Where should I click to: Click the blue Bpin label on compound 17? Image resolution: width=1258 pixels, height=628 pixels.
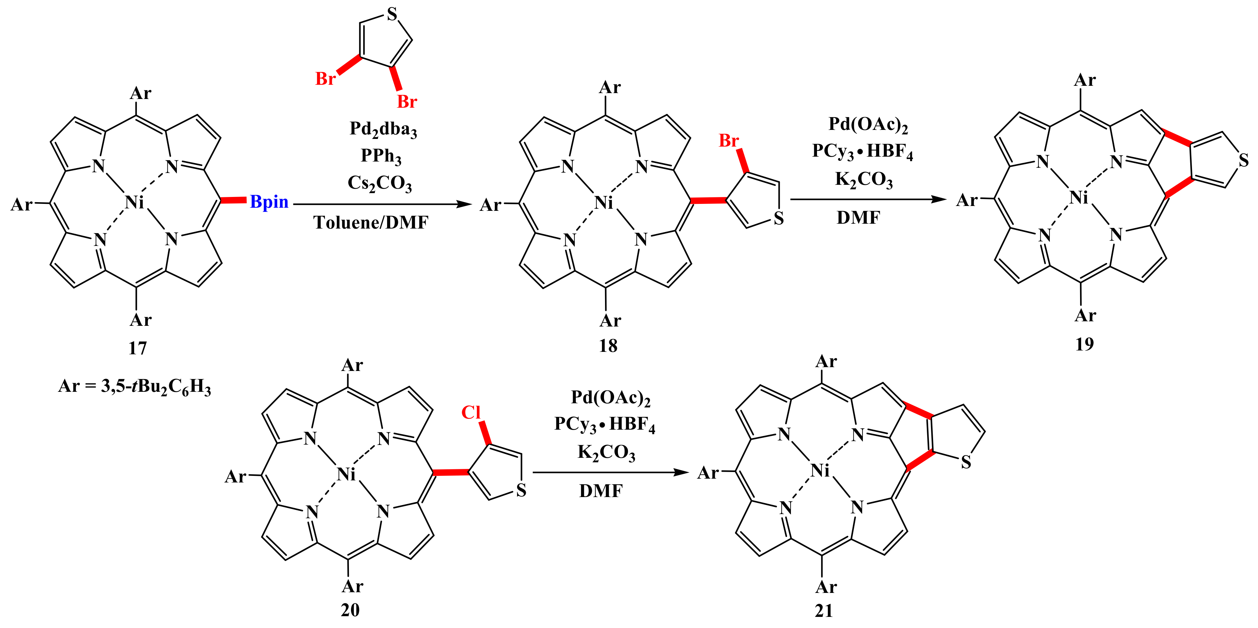pos(269,201)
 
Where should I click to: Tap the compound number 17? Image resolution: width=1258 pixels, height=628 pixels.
pos(137,348)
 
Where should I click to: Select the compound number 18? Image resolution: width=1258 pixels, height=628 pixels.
pos(608,346)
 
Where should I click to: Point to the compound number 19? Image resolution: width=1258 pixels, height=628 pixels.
pos(1084,344)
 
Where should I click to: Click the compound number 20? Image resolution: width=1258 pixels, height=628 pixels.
pos(350,610)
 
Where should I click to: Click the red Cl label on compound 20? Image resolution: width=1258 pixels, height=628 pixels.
pos(471,413)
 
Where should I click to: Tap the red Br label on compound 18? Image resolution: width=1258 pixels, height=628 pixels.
pos(729,141)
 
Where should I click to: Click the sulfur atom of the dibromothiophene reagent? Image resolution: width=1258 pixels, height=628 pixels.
pos(392,15)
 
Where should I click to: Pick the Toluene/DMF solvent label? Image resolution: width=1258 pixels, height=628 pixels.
pos(371,223)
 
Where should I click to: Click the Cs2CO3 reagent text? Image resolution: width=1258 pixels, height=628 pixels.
pos(379,183)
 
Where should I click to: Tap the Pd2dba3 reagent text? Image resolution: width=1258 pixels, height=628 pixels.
pos(383,129)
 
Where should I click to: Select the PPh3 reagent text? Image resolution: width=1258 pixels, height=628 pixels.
pos(381,156)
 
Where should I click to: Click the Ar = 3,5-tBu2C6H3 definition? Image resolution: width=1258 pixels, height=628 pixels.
pos(135,387)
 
